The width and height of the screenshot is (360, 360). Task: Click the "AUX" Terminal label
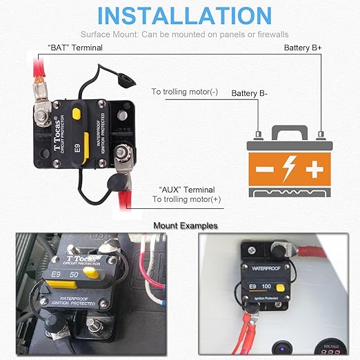point(186,190)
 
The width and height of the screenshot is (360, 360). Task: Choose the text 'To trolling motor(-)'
point(184,91)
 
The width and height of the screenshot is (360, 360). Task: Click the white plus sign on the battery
point(315,168)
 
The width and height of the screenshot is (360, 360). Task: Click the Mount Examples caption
point(185,226)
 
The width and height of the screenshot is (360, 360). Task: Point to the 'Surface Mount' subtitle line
point(183,34)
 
